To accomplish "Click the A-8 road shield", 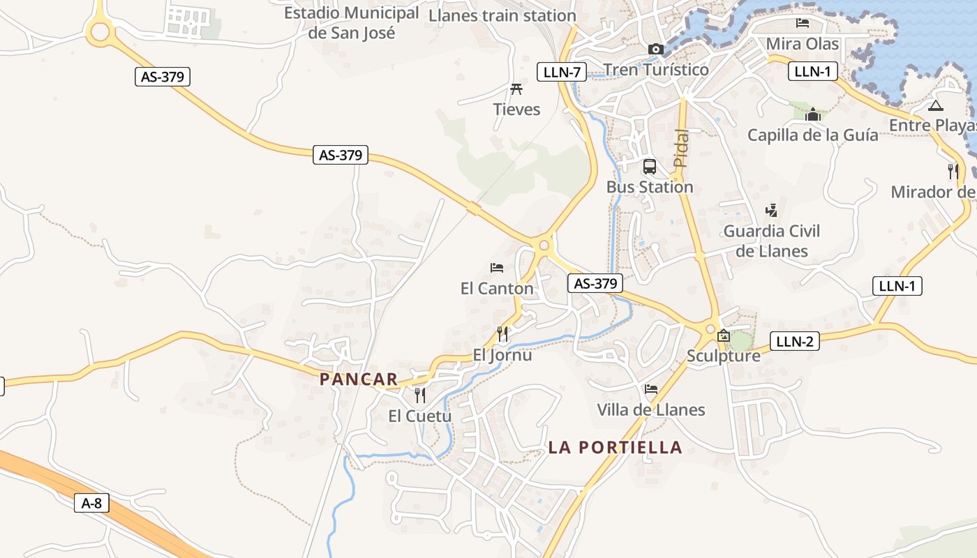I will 92,503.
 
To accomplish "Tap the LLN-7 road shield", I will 562,71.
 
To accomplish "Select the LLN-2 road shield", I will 795,341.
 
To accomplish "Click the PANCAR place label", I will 359,379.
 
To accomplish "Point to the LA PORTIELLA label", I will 615,447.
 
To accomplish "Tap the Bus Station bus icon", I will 650,167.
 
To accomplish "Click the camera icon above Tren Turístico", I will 655,49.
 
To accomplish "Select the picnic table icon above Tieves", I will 516,89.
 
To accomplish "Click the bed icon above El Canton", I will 497,268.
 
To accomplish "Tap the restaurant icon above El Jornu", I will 502,334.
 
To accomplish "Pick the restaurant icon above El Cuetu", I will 420,395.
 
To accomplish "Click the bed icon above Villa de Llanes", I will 651,389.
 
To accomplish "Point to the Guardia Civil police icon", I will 771,210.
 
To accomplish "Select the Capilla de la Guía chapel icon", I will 813,114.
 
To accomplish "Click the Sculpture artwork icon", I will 724,335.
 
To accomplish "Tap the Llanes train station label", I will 502,15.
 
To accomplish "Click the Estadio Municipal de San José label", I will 352,22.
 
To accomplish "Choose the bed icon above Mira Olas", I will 803,23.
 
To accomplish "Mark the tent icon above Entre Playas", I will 936,105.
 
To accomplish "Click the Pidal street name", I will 681,148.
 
